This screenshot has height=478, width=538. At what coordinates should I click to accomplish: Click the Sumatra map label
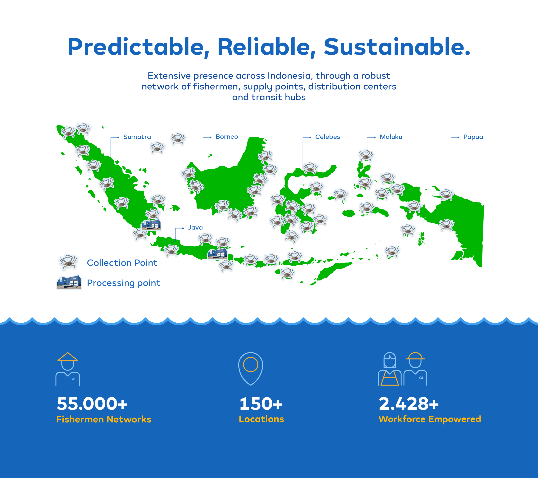click(137, 137)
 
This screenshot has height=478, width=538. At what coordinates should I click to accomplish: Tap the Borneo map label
click(227, 137)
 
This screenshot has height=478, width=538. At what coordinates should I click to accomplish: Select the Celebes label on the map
click(327, 137)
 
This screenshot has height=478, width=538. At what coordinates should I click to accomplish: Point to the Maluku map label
click(391, 137)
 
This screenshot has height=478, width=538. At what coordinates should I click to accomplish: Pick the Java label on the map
click(195, 228)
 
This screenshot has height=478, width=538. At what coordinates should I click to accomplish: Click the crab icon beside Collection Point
click(68, 262)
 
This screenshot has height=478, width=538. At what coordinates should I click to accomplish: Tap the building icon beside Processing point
click(69, 282)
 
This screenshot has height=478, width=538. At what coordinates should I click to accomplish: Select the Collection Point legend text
click(122, 263)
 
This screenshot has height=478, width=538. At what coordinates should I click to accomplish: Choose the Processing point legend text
click(123, 283)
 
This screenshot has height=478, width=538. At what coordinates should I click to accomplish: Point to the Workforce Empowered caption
click(429, 419)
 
